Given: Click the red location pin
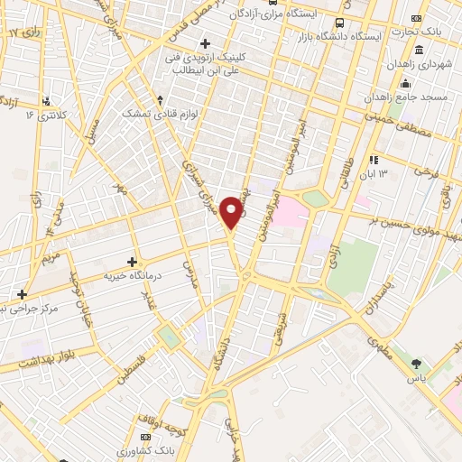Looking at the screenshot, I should (x=233, y=212).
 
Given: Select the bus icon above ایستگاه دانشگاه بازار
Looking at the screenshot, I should (x=339, y=23).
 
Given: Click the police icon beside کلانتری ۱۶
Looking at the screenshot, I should (x=47, y=101).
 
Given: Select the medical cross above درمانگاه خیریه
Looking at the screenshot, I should (x=133, y=262).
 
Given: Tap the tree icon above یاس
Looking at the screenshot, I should (x=416, y=365).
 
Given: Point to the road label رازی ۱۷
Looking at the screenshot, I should (x=25, y=32).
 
